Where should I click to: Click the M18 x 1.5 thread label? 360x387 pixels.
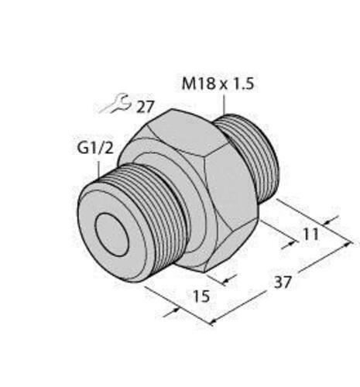coord(218,84)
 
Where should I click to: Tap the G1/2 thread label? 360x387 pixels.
coord(95,149)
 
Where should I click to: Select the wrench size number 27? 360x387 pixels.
coord(145,107)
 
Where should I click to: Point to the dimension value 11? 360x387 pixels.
coord(310,235)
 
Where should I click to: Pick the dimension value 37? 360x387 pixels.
coord(283,283)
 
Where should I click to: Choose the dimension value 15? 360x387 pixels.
coord(201,296)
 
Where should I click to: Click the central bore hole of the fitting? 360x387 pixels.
coord(111,235)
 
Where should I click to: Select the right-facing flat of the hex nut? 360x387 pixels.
coord(231,187)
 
